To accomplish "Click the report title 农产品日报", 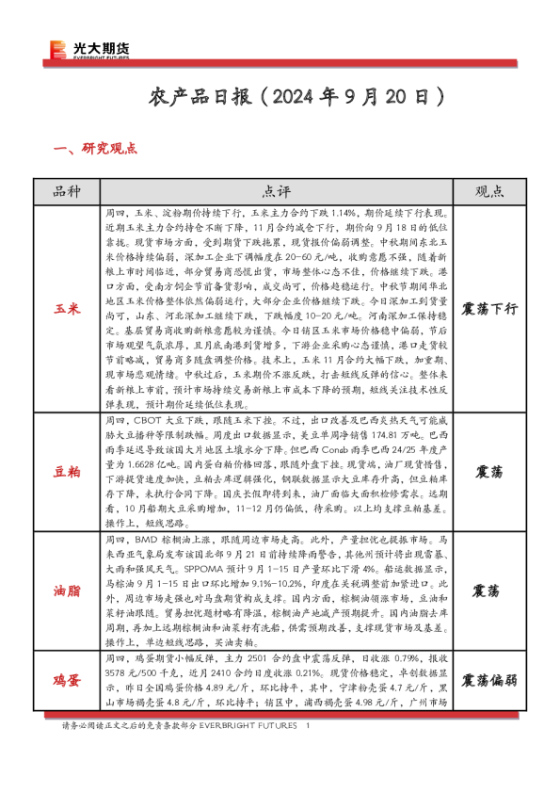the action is click(x=200, y=96).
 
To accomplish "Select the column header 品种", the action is click(x=68, y=191).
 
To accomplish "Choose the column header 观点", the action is click(x=489, y=191).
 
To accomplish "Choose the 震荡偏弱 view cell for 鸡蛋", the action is click(x=489, y=679).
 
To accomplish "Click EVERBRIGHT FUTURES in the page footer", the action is click(x=254, y=726).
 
